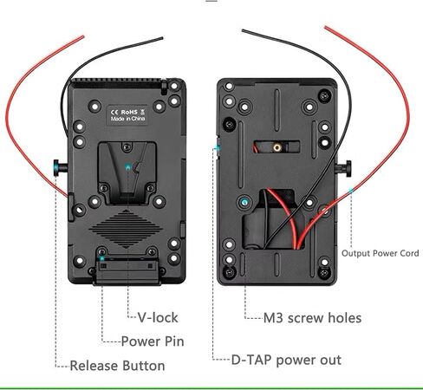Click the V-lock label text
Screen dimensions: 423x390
(x=158, y=317)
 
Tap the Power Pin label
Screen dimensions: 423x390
(x=153, y=341)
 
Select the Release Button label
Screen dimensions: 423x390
(x=117, y=366)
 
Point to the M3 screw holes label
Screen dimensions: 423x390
(x=312, y=318)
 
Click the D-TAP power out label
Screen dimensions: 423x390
(x=286, y=361)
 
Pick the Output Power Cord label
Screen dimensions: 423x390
(x=380, y=253)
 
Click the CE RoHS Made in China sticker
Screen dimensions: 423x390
(x=127, y=115)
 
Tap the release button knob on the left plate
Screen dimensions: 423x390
(x=60, y=168)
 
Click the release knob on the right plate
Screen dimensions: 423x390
(x=344, y=169)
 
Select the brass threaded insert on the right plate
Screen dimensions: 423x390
(x=277, y=147)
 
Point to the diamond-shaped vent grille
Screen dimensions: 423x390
(x=126, y=229)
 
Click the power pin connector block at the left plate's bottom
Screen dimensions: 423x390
(x=127, y=270)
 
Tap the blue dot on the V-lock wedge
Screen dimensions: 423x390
(x=127, y=167)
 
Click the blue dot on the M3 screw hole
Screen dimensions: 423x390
(x=244, y=202)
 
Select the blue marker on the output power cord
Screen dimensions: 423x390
(x=350, y=191)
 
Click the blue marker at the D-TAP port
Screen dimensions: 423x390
(x=217, y=148)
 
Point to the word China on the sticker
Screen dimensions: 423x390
(x=138, y=119)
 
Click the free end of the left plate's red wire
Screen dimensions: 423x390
(x=83, y=36)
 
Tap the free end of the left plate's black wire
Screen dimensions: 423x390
(x=162, y=38)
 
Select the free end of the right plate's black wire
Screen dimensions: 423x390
(x=243, y=30)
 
